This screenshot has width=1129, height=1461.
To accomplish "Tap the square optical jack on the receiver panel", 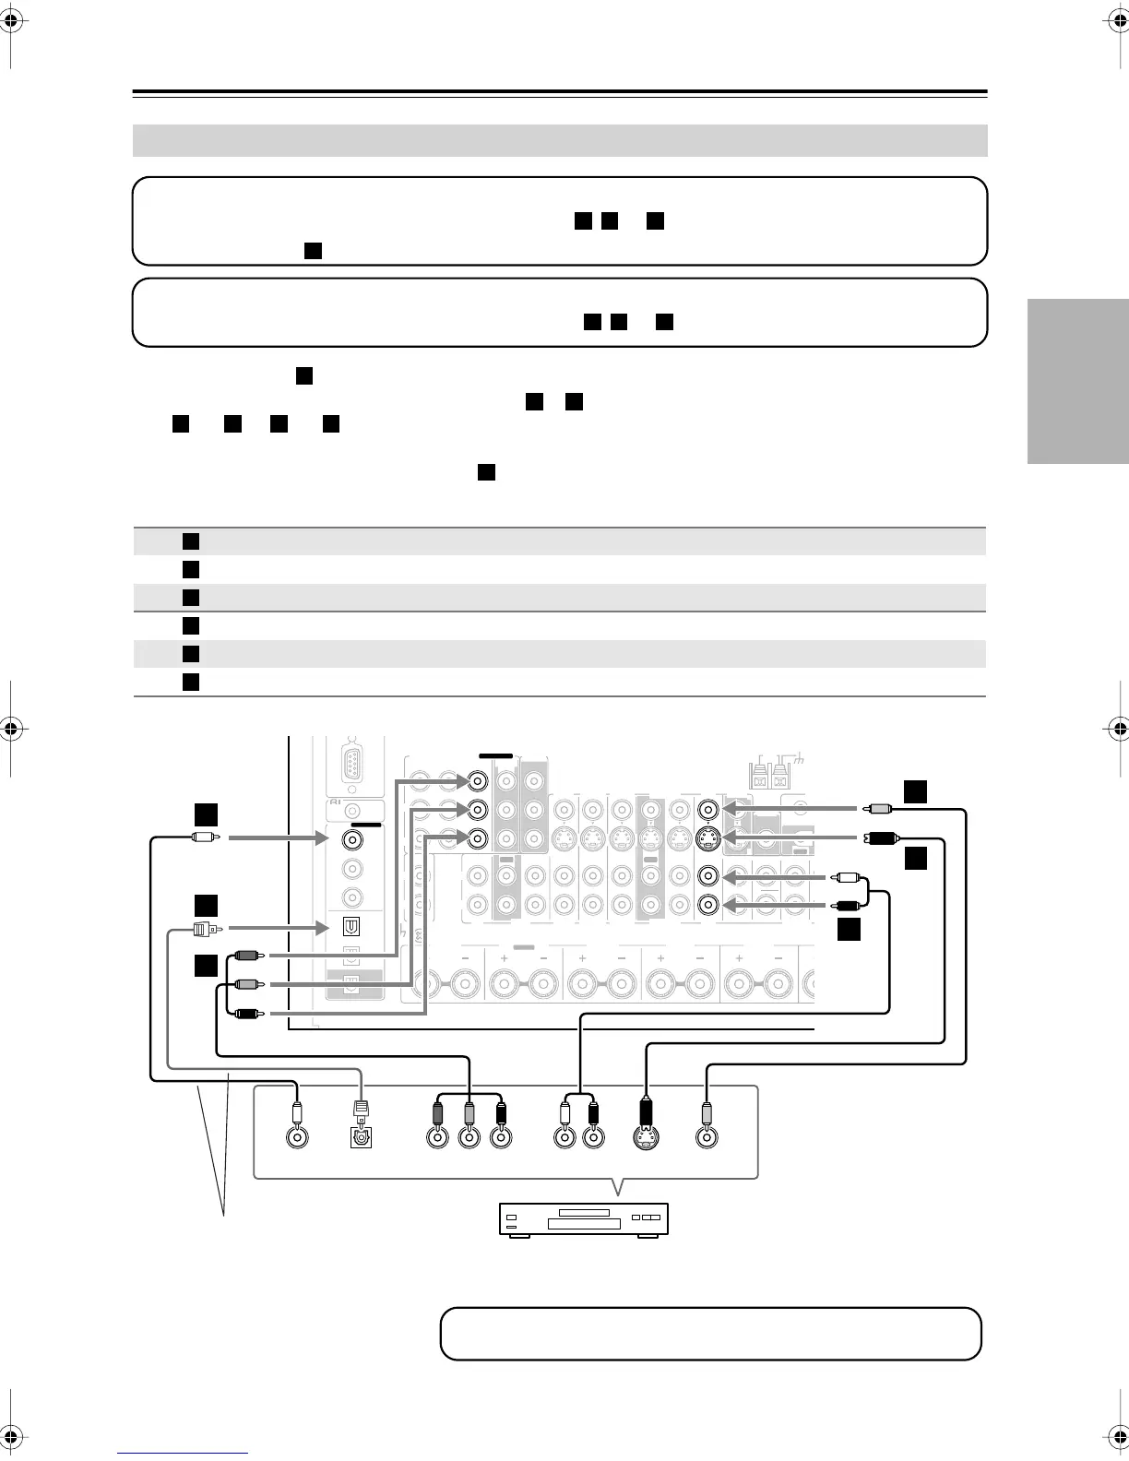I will [351, 926].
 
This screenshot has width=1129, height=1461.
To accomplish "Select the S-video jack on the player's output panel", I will [646, 1137].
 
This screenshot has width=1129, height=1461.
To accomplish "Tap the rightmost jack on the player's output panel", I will [706, 1137].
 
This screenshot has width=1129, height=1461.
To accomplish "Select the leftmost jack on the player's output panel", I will [296, 1137].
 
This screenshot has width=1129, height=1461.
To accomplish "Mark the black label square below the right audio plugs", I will [850, 930].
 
